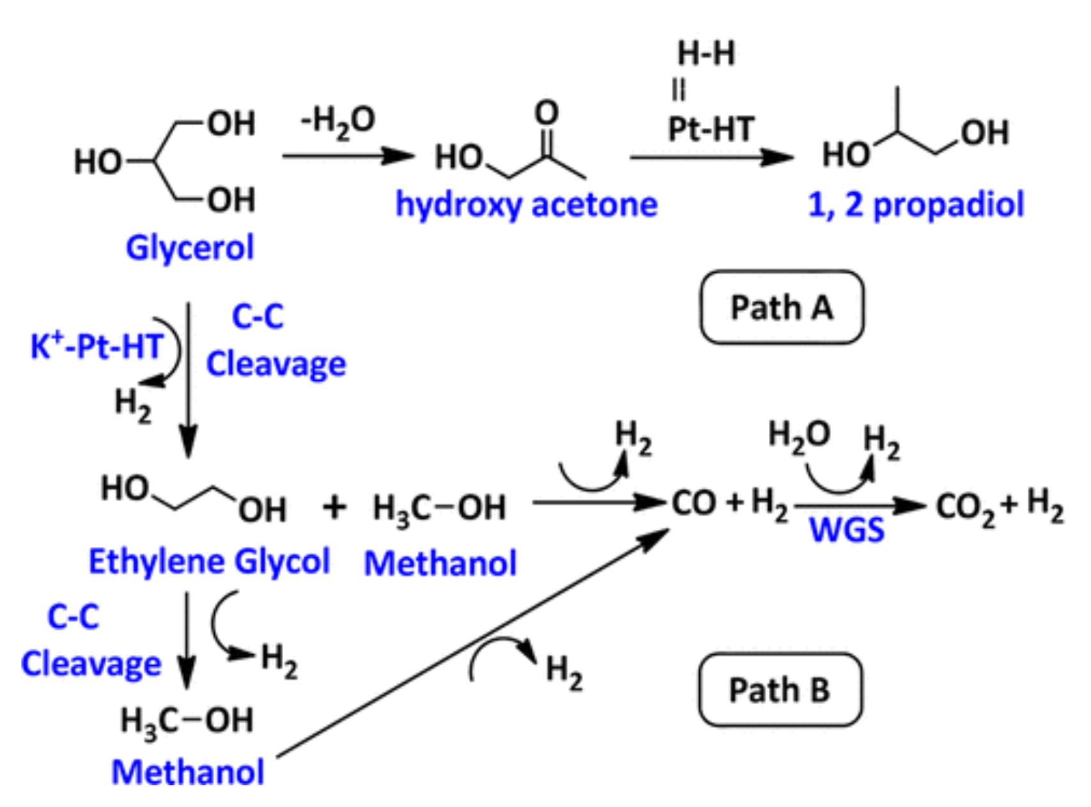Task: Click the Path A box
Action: click(781, 307)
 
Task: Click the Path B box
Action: click(779, 689)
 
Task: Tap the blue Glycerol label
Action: click(190, 248)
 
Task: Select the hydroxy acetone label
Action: click(526, 204)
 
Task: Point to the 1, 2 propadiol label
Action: click(915, 204)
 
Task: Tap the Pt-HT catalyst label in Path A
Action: click(711, 130)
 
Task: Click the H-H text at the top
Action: click(706, 53)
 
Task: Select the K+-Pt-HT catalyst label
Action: click(97, 346)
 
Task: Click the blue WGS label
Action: click(847, 530)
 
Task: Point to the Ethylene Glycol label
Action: click(209, 562)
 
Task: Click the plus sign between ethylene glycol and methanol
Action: click(334, 508)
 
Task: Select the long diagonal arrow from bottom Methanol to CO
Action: click(473, 645)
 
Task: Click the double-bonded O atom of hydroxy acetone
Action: click(546, 114)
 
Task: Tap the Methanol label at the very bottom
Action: click(188, 772)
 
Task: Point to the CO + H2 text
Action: click(729, 503)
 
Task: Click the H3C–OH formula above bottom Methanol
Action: click(187, 721)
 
